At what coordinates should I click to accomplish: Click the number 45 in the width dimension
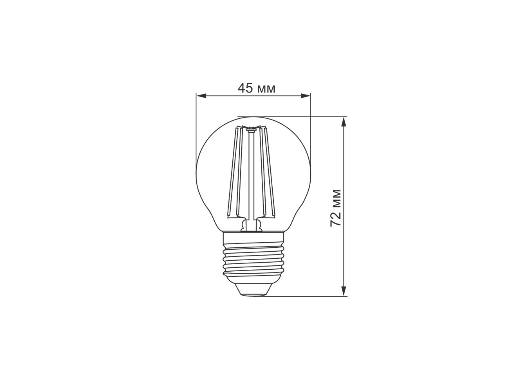(x=245, y=88)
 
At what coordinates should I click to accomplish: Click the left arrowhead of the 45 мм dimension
(x=201, y=96)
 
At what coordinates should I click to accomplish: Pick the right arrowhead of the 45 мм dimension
(x=306, y=96)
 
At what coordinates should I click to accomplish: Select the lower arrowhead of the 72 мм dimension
(x=344, y=291)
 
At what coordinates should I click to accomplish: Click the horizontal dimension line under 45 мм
(x=253, y=96)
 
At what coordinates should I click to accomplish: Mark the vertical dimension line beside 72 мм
(x=344, y=207)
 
